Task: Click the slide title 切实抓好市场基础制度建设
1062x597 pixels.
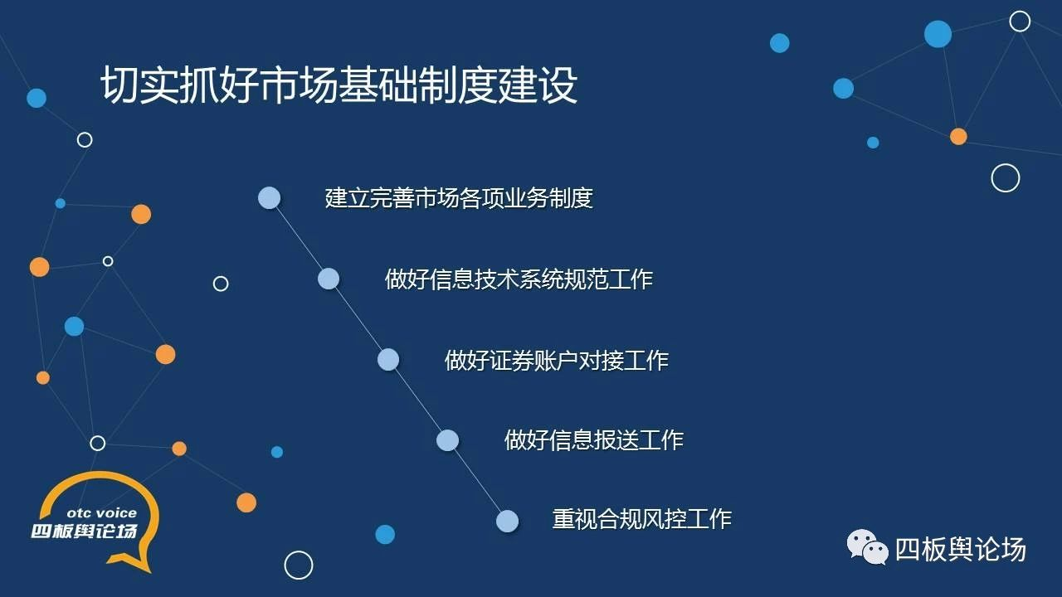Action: click(339, 85)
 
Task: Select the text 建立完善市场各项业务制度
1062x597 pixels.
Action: click(459, 198)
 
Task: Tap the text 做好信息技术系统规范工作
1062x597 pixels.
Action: click(519, 279)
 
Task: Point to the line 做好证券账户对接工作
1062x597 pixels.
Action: click(557, 360)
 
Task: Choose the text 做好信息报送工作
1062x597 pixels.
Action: click(593, 439)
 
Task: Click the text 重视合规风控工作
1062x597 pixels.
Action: click(642, 519)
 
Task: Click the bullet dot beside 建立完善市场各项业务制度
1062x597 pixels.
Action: click(270, 197)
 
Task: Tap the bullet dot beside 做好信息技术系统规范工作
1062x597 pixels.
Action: click(329, 279)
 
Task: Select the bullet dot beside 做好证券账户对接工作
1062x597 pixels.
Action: click(388, 360)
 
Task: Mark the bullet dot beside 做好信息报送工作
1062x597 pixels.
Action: click(447, 440)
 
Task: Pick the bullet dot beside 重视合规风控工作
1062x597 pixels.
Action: click(507, 522)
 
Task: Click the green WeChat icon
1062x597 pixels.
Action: click(868, 547)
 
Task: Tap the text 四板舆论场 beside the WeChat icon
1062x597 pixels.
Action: click(961, 550)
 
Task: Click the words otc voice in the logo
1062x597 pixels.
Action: click(102, 512)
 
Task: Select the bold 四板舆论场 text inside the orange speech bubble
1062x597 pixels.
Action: click(85, 531)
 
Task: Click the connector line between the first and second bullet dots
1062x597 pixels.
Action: click(299, 238)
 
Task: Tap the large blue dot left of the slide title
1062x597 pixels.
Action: click(37, 98)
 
